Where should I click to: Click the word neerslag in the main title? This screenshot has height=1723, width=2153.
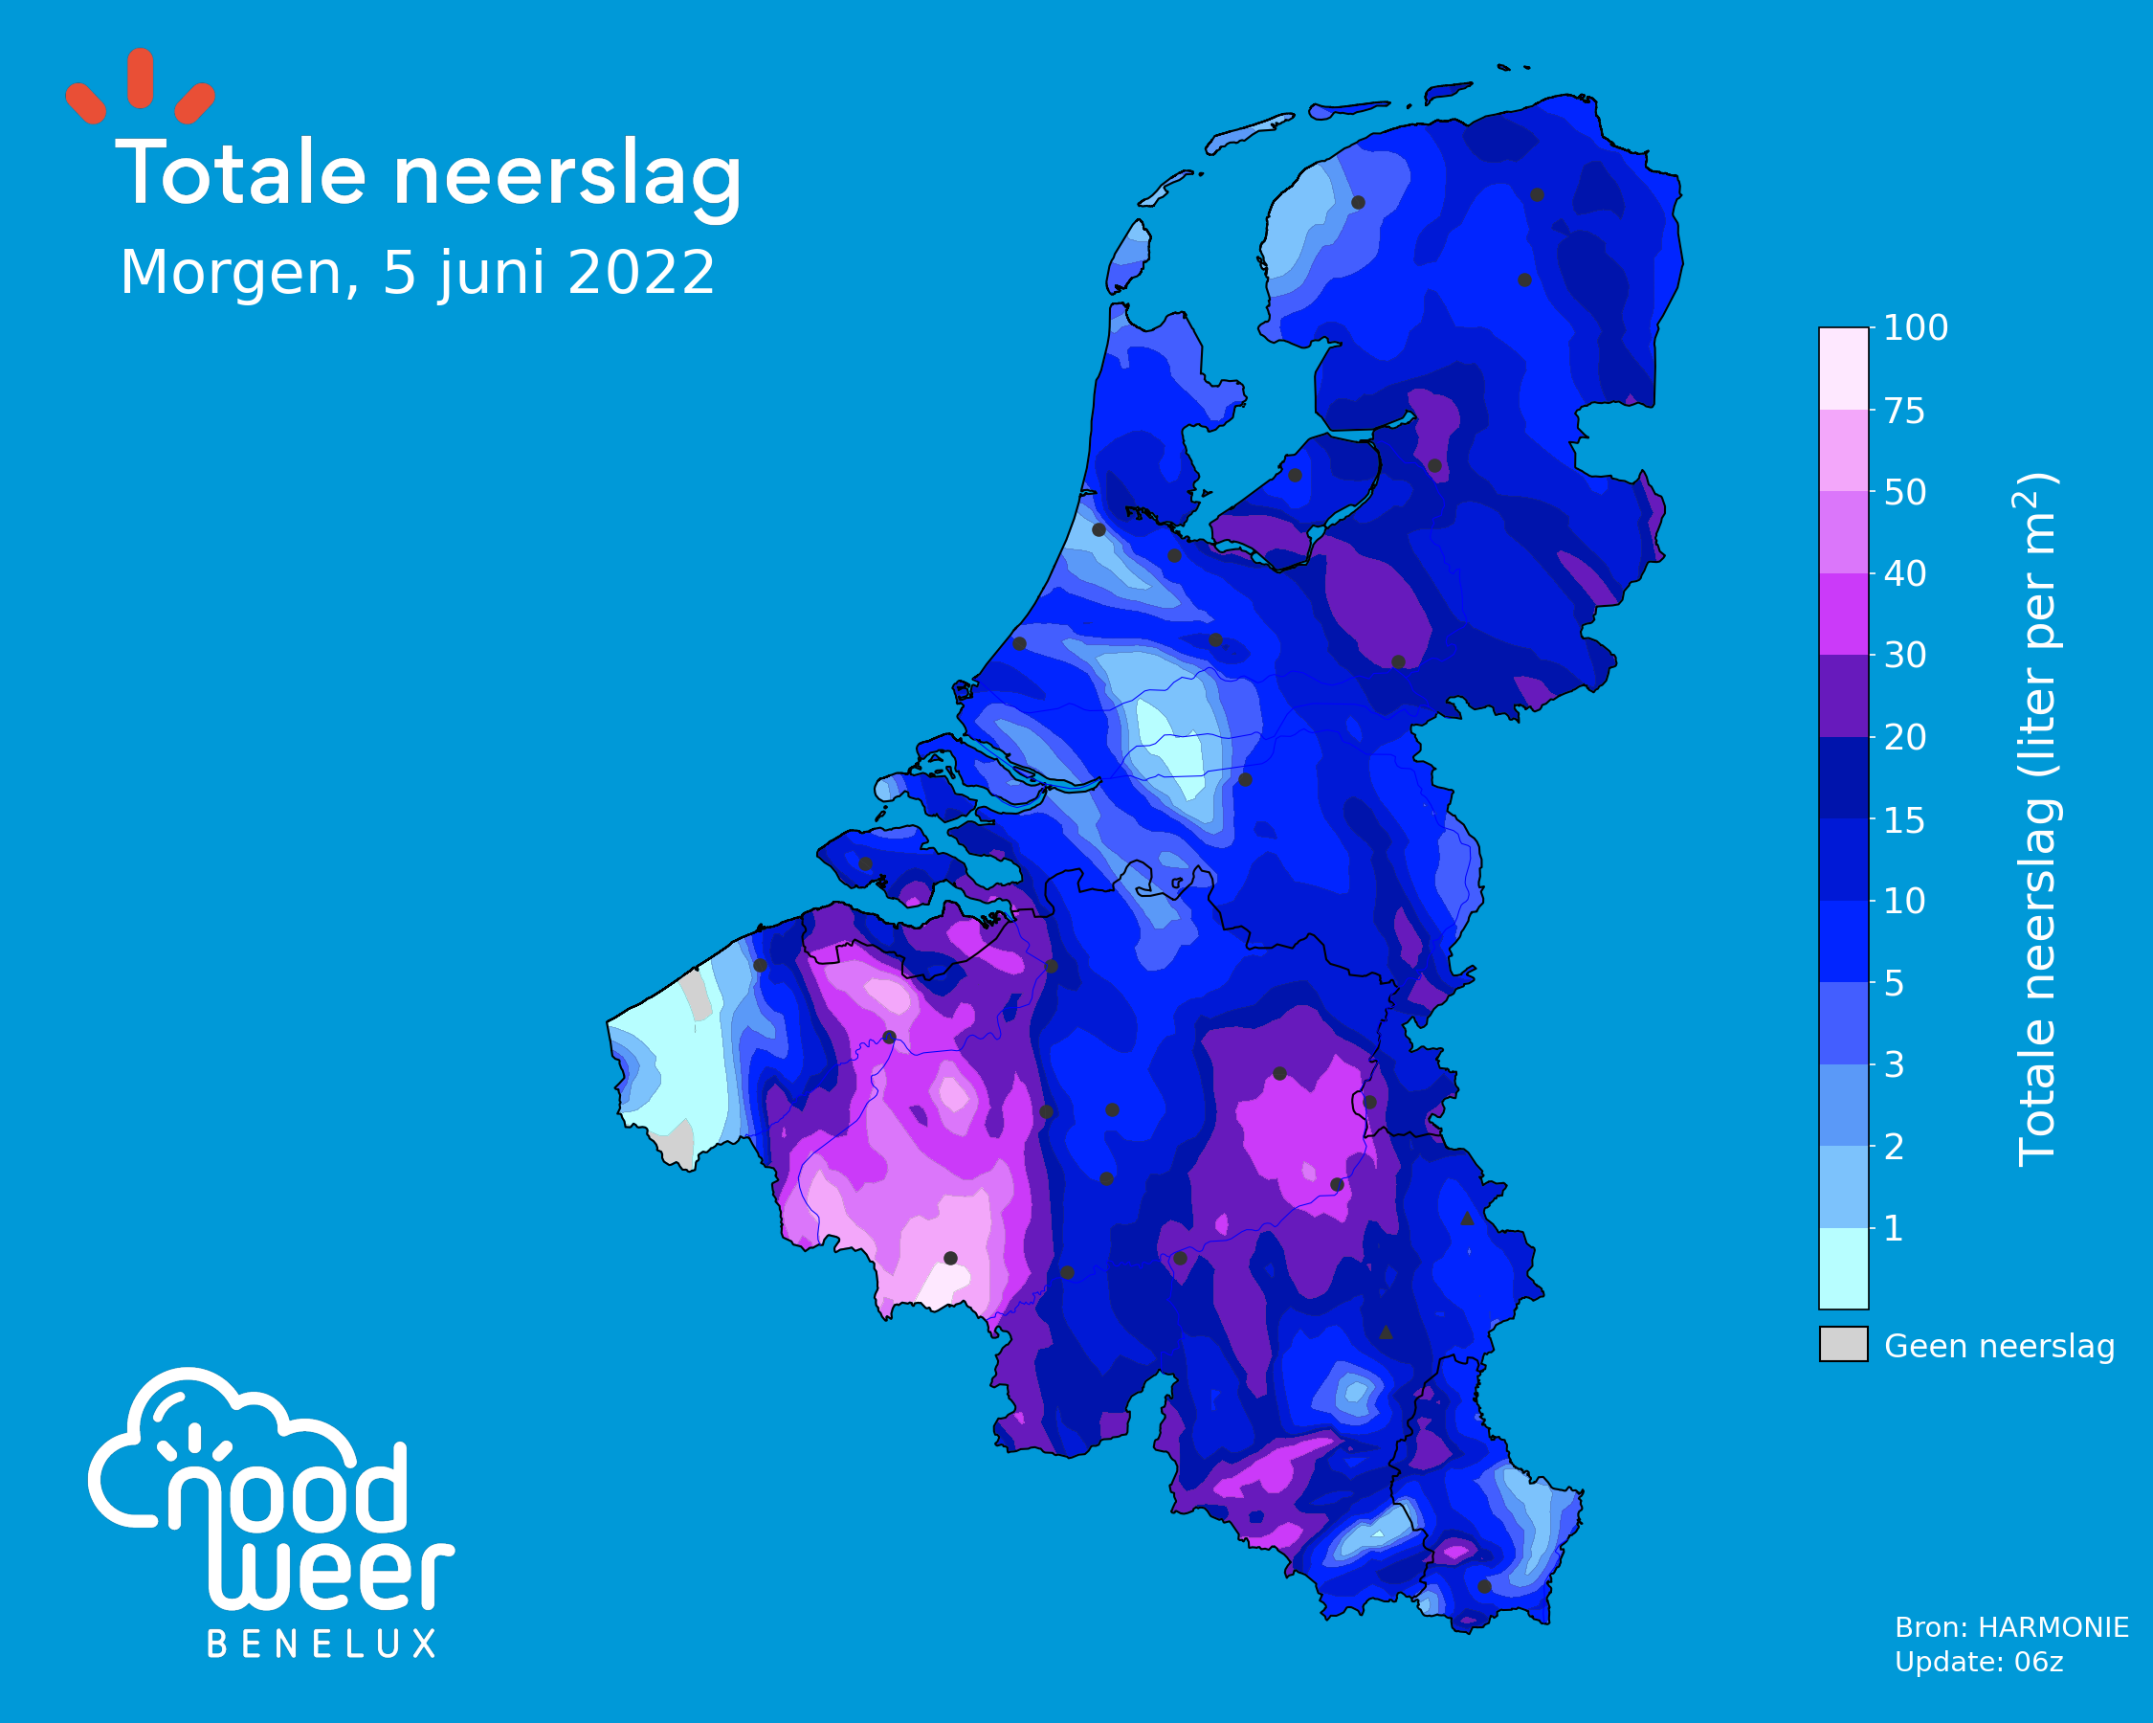pyautogui.click(x=567, y=180)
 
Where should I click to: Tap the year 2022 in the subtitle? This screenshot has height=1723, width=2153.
pyautogui.click(x=640, y=272)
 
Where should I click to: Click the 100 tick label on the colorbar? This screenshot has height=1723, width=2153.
pyautogui.click(x=1916, y=327)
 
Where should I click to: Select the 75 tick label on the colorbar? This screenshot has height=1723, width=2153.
pyautogui.click(x=1904, y=411)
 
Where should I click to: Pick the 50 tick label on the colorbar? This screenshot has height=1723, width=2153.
pyautogui.click(x=1904, y=492)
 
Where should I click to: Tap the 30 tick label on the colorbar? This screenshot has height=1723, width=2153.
pyautogui.click(x=1904, y=656)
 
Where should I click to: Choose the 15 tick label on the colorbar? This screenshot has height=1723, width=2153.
pyautogui.click(x=1904, y=820)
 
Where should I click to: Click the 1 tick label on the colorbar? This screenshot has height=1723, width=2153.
pyautogui.click(x=1894, y=1228)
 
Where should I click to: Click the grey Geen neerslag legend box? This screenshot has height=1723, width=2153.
pyautogui.click(x=1843, y=1345)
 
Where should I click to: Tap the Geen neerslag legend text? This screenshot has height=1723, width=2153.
pyautogui.click(x=1999, y=1347)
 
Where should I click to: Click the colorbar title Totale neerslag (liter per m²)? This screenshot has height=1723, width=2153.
pyautogui.click(x=2036, y=819)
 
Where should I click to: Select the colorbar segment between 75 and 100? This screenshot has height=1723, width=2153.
pyautogui.click(x=1843, y=369)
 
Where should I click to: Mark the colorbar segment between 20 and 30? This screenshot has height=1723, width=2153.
pyautogui.click(x=1843, y=696)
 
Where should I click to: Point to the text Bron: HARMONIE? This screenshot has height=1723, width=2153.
pyautogui.click(x=2011, y=1628)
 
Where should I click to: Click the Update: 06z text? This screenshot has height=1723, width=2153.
pyautogui.click(x=1978, y=1662)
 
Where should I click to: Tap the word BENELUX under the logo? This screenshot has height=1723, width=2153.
pyautogui.click(x=322, y=1645)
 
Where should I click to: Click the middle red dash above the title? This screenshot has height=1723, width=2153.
pyautogui.click(x=141, y=78)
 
